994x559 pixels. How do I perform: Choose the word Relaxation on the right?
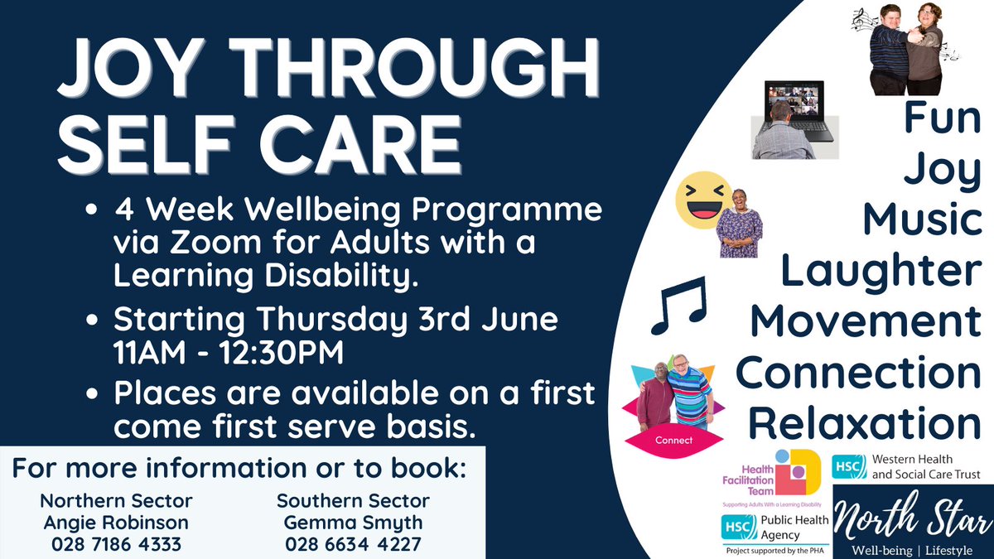(865, 423)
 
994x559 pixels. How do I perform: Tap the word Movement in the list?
(865, 321)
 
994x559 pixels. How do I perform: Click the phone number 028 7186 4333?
(116, 545)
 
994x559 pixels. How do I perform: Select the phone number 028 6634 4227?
(354, 545)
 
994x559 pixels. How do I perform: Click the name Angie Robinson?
(116, 523)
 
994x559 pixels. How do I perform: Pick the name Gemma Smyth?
(354, 523)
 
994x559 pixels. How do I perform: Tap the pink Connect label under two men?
(673, 441)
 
